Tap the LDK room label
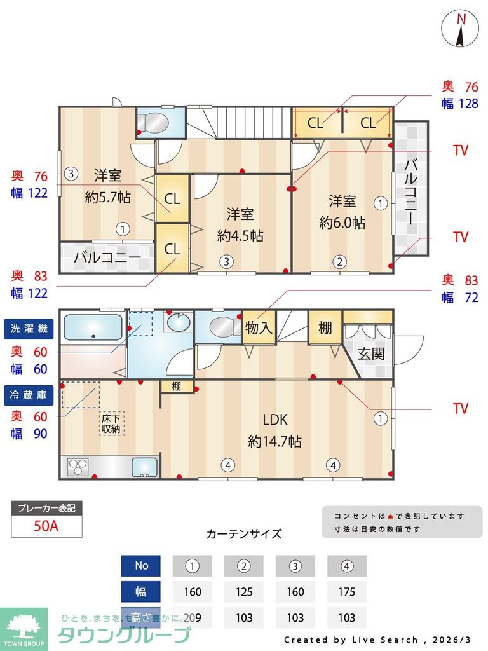[x=275, y=420]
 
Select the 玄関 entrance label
[x=370, y=353]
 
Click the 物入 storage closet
[x=259, y=328]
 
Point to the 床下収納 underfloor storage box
[x=111, y=423]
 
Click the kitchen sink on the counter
[x=145, y=467]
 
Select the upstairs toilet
[x=152, y=122]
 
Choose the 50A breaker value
[x=46, y=526]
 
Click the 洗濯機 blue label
[x=29, y=329]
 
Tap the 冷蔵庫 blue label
[x=29, y=395]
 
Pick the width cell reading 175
[x=346, y=592]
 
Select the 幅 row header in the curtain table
[x=141, y=592]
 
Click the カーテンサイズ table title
[x=244, y=534]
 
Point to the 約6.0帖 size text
[x=342, y=223]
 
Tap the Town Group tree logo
[x=24, y=626]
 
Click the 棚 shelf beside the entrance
[x=325, y=328]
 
